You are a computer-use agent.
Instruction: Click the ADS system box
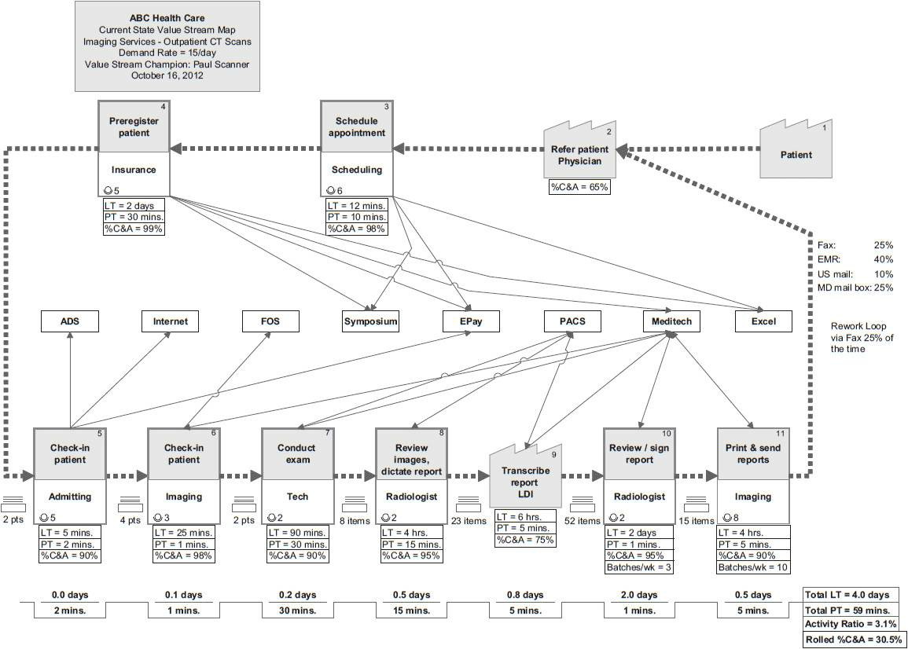tap(70, 321)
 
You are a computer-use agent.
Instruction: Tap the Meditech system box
tap(671, 321)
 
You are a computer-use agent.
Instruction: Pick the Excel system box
tap(763, 321)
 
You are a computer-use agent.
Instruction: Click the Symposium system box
tap(371, 321)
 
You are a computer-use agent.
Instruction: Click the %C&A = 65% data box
tap(579, 187)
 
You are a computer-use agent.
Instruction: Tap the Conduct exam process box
tap(296, 475)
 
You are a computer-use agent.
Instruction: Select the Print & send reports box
tap(752, 475)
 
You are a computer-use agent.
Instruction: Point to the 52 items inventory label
tap(583, 520)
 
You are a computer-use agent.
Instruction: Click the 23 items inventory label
tap(469, 520)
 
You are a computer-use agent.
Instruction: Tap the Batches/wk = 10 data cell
tap(753, 567)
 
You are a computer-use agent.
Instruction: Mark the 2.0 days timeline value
tap(638, 595)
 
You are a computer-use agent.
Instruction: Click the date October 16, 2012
tap(167, 76)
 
